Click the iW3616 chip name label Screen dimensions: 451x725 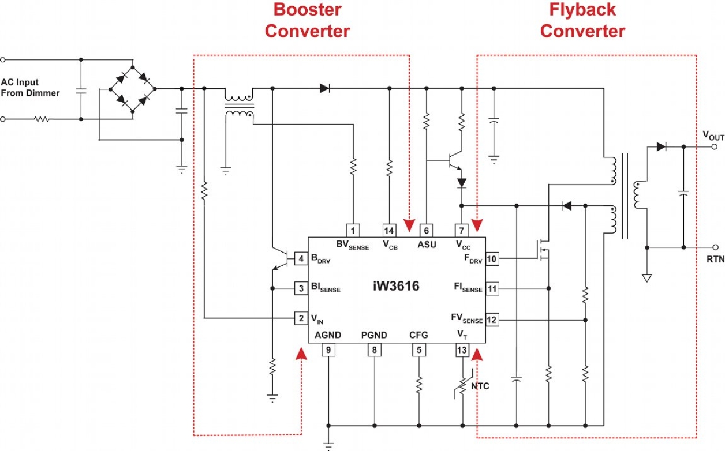tap(396, 287)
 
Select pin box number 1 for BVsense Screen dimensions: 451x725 tap(353, 230)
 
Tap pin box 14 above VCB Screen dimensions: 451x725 tap(389, 230)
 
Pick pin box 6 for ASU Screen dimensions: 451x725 tap(427, 230)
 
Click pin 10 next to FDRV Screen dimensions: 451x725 tap(492, 259)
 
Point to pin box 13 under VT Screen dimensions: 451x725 tap(462, 349)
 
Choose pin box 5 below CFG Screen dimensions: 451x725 tap(419, 349)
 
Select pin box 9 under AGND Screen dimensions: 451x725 tap(328, 349)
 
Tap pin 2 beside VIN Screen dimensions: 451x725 tap(301, 317)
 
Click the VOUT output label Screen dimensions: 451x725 tap(713, 136)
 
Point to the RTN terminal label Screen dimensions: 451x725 tap(715, 260)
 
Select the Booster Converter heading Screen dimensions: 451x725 tap(307, 20)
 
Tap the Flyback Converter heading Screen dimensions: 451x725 tap(582, 20)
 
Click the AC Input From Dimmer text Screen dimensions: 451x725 tap(30, 88)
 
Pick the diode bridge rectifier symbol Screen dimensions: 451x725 tap(133, 89)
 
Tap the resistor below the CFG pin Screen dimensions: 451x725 tap(419, 384)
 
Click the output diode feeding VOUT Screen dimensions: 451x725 tap(661, 146)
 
